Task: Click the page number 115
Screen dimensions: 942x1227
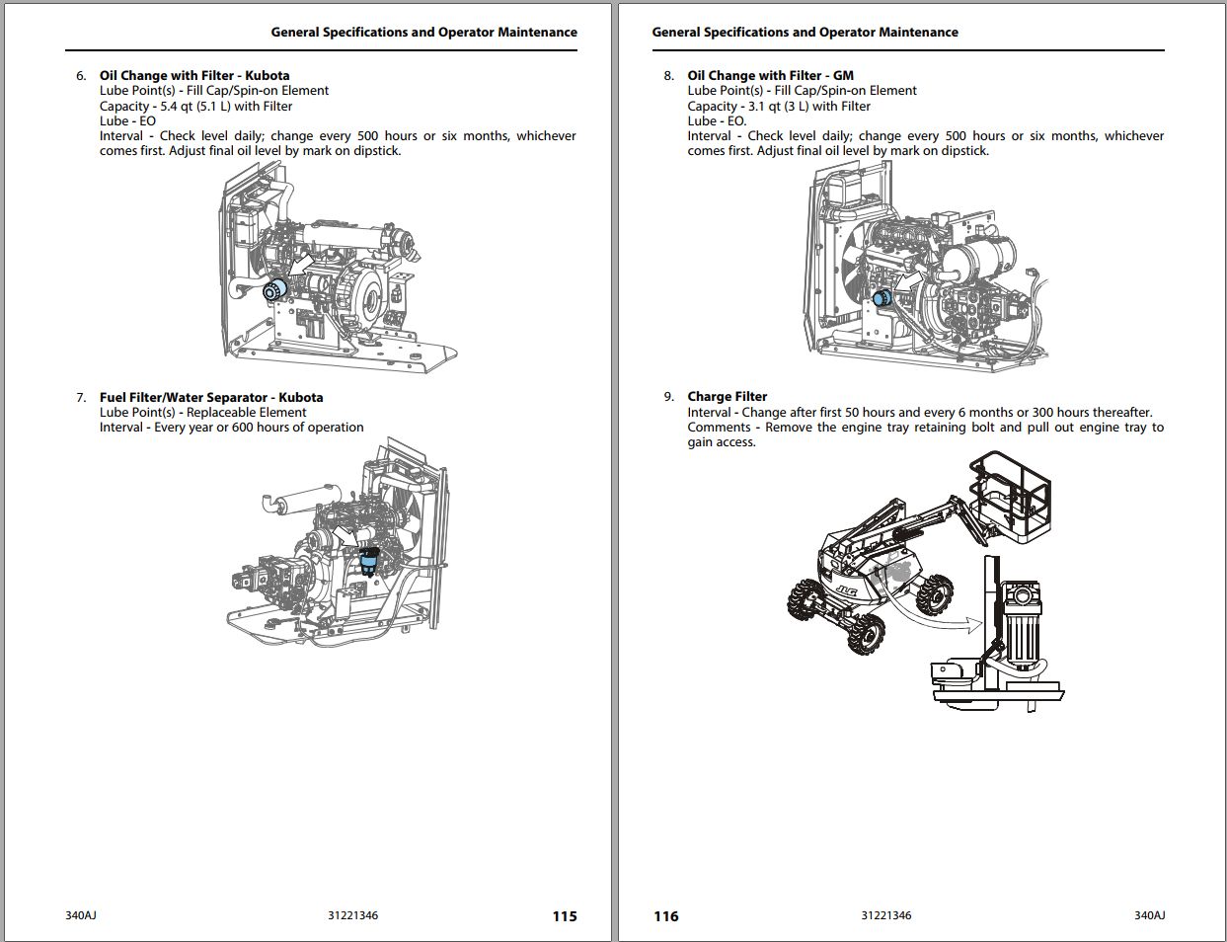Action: (x=564, y=916)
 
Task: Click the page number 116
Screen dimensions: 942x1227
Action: (x=666, y=916)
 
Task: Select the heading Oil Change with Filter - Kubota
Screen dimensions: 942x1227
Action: (x=194, y=75)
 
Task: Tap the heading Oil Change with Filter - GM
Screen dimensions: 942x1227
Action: (x=770, y=75)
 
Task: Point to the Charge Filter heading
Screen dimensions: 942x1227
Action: (x=727, y=397)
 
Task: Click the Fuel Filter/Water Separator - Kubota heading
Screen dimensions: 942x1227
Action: (x=211, y=398)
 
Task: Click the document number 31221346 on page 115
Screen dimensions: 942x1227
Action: (x=352, y=915)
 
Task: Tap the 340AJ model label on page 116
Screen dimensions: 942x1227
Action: (x=1149, y=915)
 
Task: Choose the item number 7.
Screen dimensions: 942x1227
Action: (x=81, y=398)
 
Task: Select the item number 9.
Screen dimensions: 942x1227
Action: (x=668, y=397)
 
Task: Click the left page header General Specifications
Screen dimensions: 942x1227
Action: (x=423, y=33)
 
